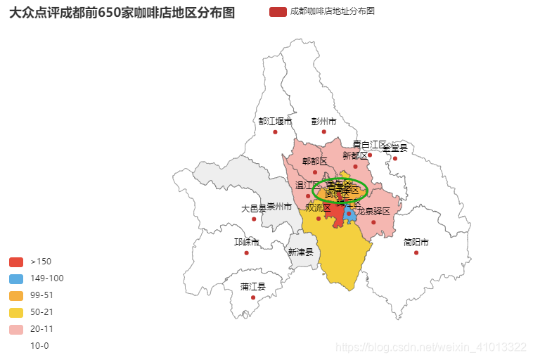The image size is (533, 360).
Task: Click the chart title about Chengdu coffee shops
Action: [122, 13]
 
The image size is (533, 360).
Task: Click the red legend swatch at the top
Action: [278, 12]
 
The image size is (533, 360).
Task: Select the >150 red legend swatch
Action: [16, 262]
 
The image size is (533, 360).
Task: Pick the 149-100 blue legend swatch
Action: [16, 278]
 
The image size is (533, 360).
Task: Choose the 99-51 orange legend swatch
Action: [16, 295]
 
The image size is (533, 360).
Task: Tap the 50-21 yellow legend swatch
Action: [16, 312]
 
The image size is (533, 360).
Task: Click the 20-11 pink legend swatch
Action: [16, 329]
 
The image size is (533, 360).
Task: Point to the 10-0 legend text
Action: [40, 345]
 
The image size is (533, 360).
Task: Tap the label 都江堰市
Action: [275, 121]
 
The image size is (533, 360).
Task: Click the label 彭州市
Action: [323, 121]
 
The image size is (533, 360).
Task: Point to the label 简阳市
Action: [416, 242]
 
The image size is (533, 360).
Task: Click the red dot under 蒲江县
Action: [252, 297]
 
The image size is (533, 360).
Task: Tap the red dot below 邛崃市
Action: [246, 253]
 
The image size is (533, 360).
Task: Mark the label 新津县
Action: [300, 251]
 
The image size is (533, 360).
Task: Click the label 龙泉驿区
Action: [373, 211]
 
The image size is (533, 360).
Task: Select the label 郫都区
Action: [314, 162]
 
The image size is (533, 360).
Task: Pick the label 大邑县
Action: [253, 208]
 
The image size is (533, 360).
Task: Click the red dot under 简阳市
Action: [416, 252]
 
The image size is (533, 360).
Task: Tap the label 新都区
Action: [355, 155]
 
